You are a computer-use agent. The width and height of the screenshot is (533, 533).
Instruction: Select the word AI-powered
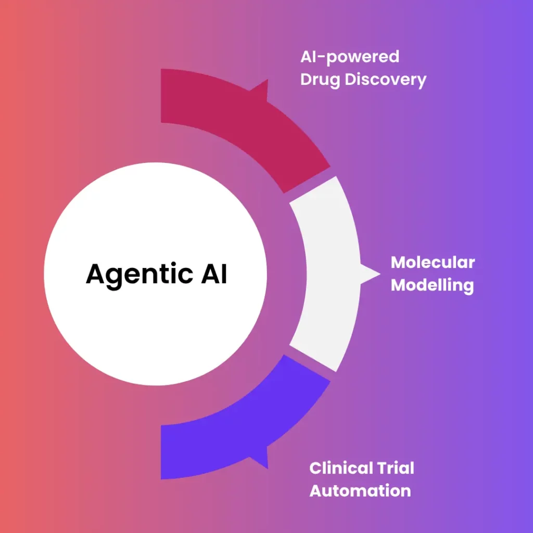point(349,56)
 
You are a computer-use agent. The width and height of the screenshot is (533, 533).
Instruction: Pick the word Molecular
point(433,262)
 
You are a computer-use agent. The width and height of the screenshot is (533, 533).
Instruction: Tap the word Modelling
point(432,285)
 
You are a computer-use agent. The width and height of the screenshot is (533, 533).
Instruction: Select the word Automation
point(360,490)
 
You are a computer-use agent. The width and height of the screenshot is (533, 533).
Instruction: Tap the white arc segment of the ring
point(325,273)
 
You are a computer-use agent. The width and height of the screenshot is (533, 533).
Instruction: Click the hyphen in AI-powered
point(320,57)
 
